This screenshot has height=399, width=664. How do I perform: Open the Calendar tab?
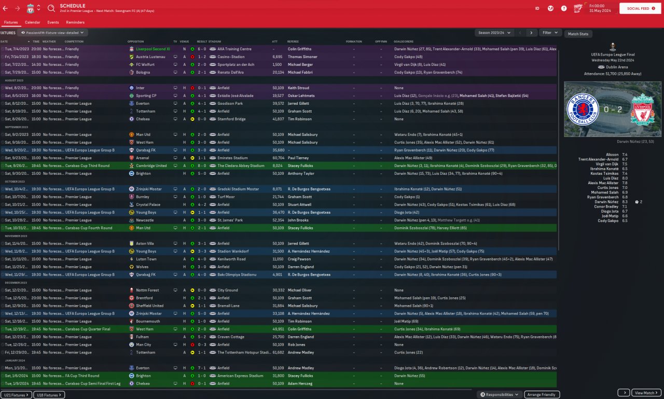click(x=32, y=22)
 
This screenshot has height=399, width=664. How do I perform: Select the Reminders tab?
click(x=75, y=22)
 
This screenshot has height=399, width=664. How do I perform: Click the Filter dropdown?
click(x=550, y=33)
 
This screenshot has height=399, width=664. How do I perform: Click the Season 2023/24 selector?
click(x=494, y=33)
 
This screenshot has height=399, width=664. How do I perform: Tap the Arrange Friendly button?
click(x=542, y=395)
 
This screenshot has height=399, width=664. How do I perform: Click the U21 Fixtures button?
click(x=16, y=395)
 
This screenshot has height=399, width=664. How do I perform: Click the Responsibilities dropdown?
click(x=500, y=395)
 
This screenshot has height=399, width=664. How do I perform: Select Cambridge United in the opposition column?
click(x=151, y=166)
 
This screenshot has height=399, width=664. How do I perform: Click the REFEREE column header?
click(x=293, y=42)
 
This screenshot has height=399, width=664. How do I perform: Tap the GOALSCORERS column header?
click(x=403, y=42)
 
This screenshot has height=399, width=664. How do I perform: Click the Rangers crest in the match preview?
click(x=584, y=109)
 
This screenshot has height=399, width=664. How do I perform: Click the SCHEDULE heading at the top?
click(x=72, y=6)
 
